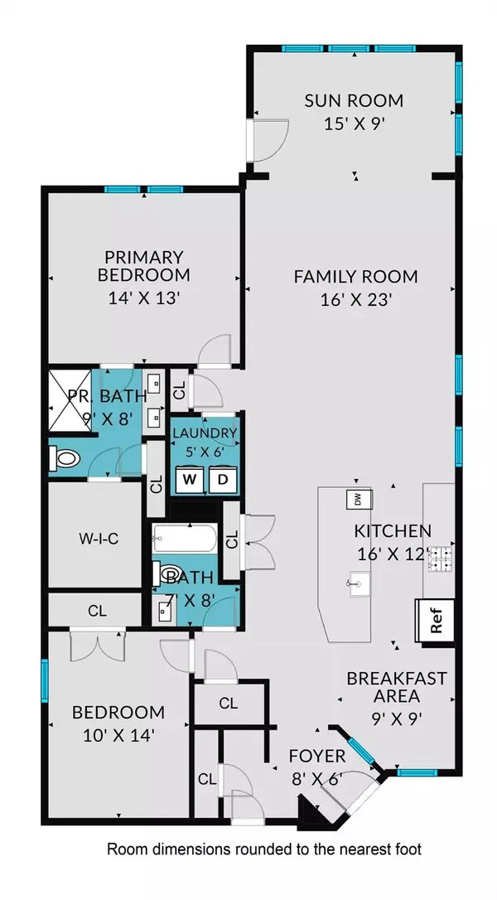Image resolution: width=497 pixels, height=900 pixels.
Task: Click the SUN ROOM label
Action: [354, 101]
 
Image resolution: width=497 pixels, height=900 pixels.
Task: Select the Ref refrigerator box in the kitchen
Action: [436, 620]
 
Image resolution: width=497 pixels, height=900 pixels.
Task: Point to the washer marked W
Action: [189, 479]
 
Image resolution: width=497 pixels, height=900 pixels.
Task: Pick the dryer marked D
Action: [223, 479]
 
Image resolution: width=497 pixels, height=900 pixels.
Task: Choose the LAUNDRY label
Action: [205, 433]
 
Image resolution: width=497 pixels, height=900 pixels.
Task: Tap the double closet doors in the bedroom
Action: [98, 645]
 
